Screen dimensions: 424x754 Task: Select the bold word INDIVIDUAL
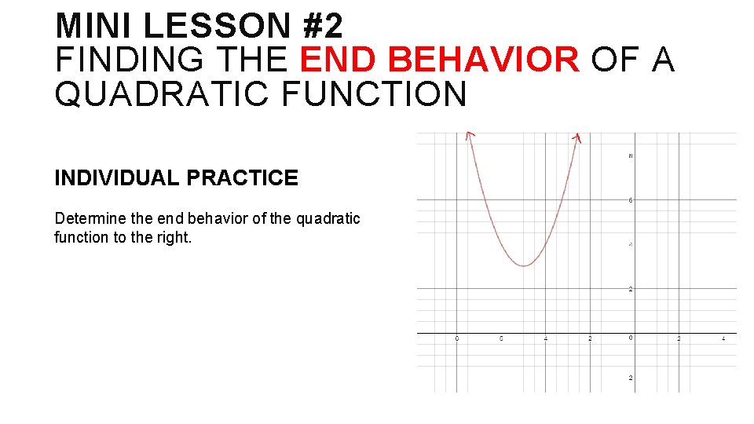point(117,178)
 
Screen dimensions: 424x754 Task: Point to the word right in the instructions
point(174,237)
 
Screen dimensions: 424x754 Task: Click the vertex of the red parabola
point(524,265)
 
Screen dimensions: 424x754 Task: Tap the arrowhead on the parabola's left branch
point(469,135)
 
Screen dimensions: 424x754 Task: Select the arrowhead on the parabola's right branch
point(577,137)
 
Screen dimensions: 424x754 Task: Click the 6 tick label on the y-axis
point(630,200)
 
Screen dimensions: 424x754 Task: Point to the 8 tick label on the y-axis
point(630,156)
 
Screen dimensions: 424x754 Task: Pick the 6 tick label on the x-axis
point(501,338)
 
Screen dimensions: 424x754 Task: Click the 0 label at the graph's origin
point(630,338)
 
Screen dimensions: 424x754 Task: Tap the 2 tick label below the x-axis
point(630,378)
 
